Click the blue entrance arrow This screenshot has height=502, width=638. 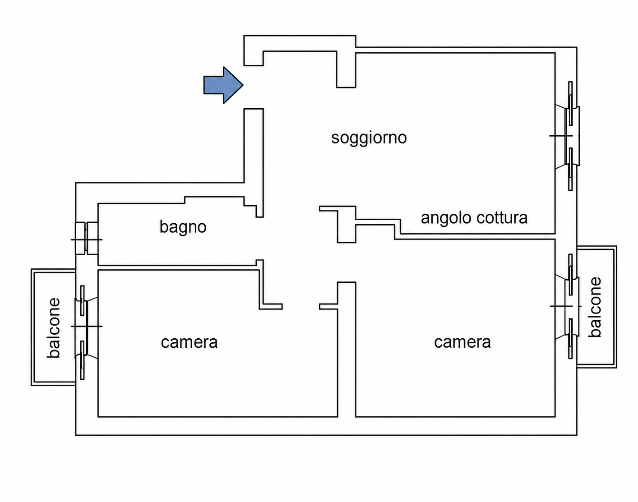223,85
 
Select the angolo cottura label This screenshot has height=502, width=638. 474,218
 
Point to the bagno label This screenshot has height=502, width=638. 183,227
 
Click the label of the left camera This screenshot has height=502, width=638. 189,342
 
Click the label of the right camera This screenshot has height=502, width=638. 462,342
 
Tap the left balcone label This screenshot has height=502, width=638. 54,328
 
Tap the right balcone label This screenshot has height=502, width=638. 595,307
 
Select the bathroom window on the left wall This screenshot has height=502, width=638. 87,238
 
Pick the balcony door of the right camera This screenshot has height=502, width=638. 568,306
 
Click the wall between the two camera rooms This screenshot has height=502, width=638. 347,350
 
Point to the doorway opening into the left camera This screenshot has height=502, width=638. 301,307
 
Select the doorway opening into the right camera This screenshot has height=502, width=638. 347,263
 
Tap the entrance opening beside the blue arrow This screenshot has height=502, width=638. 254,87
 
